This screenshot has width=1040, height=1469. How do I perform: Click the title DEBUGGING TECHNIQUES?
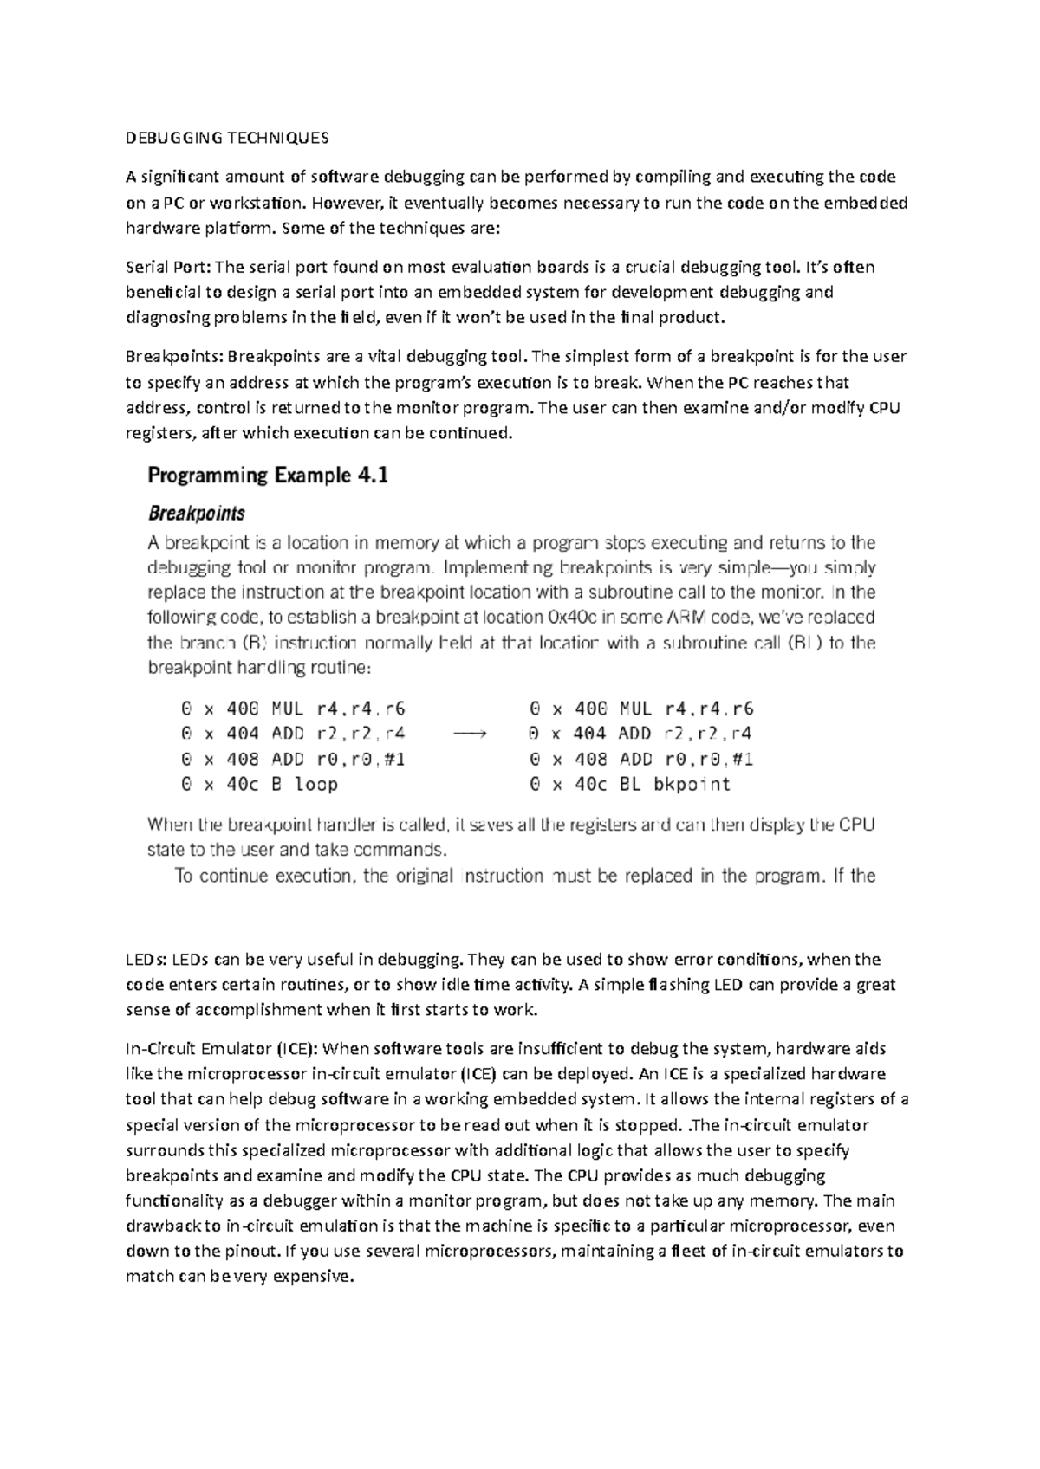(x=227, y=138)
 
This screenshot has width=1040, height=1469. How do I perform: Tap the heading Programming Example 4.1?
(x=267, y=476)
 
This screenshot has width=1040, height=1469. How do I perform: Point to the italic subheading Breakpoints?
(x=196, y=514)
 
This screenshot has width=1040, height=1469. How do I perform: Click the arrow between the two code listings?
(x=471, y=734)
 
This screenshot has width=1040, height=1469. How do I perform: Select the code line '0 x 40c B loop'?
(x=258, y=785)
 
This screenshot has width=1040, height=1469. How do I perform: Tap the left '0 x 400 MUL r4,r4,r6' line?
(x=292, y=709)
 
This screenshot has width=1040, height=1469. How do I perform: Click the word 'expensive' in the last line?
(x=316, y=1277)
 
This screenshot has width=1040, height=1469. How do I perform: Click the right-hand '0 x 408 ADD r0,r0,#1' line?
(x=641, y=760)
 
